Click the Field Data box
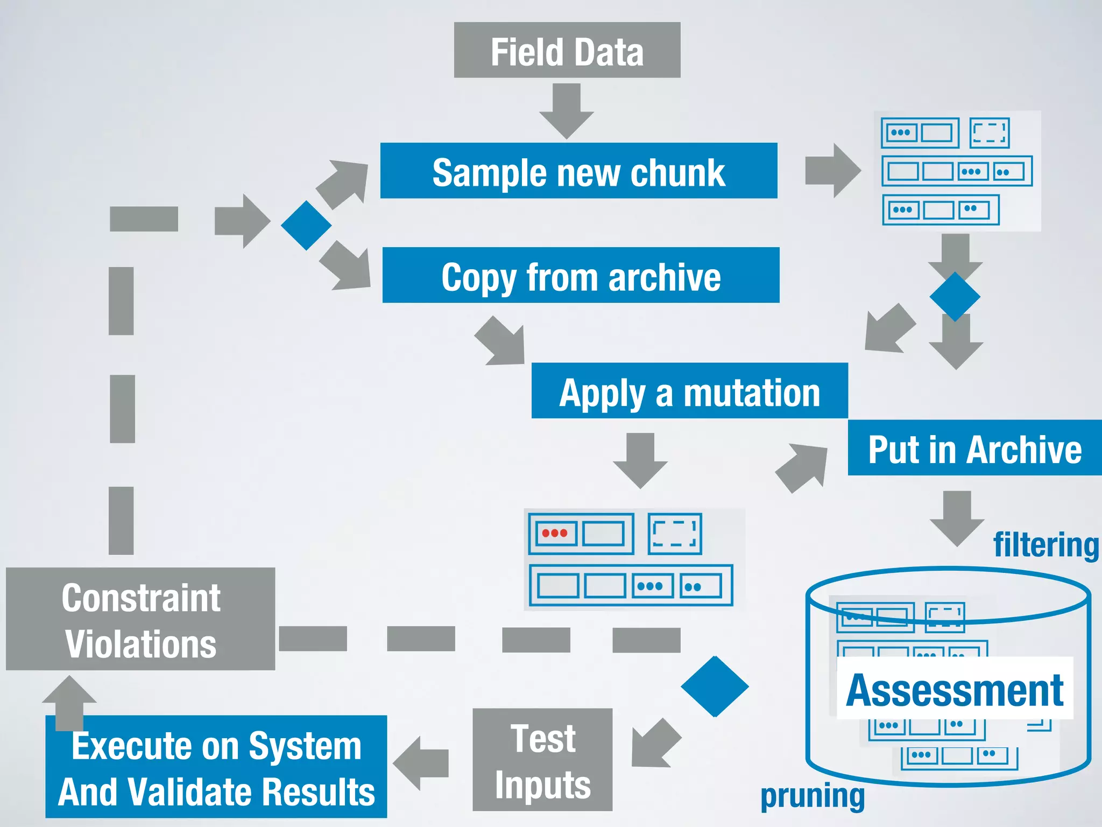567,50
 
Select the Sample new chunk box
578,171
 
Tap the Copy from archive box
581,275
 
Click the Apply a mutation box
689,391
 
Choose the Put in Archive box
974,448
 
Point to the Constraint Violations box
140,619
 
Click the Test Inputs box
542,760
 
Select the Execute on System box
216,767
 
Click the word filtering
1046,545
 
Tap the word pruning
812,796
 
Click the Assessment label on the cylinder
955,690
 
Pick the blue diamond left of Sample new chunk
306,225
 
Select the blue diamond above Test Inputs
715,686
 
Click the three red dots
554,533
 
